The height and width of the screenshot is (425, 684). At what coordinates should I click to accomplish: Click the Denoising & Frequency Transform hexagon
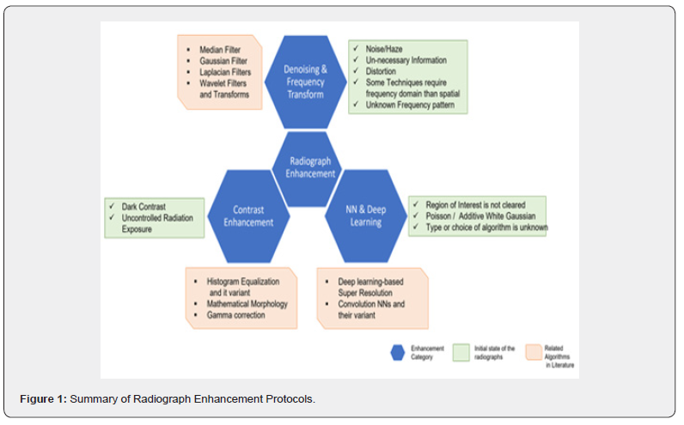304,82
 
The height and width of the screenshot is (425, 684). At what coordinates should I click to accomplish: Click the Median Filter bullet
218,51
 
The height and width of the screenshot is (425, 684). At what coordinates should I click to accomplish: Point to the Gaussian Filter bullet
222,62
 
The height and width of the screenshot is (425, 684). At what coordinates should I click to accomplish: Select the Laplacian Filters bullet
224,73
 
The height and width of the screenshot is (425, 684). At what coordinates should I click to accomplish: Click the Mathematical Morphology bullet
247,304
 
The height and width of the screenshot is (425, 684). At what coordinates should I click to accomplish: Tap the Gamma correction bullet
234,316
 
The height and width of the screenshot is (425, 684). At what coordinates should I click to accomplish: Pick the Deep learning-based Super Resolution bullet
372,287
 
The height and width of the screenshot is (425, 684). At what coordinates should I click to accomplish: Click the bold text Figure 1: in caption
44,398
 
